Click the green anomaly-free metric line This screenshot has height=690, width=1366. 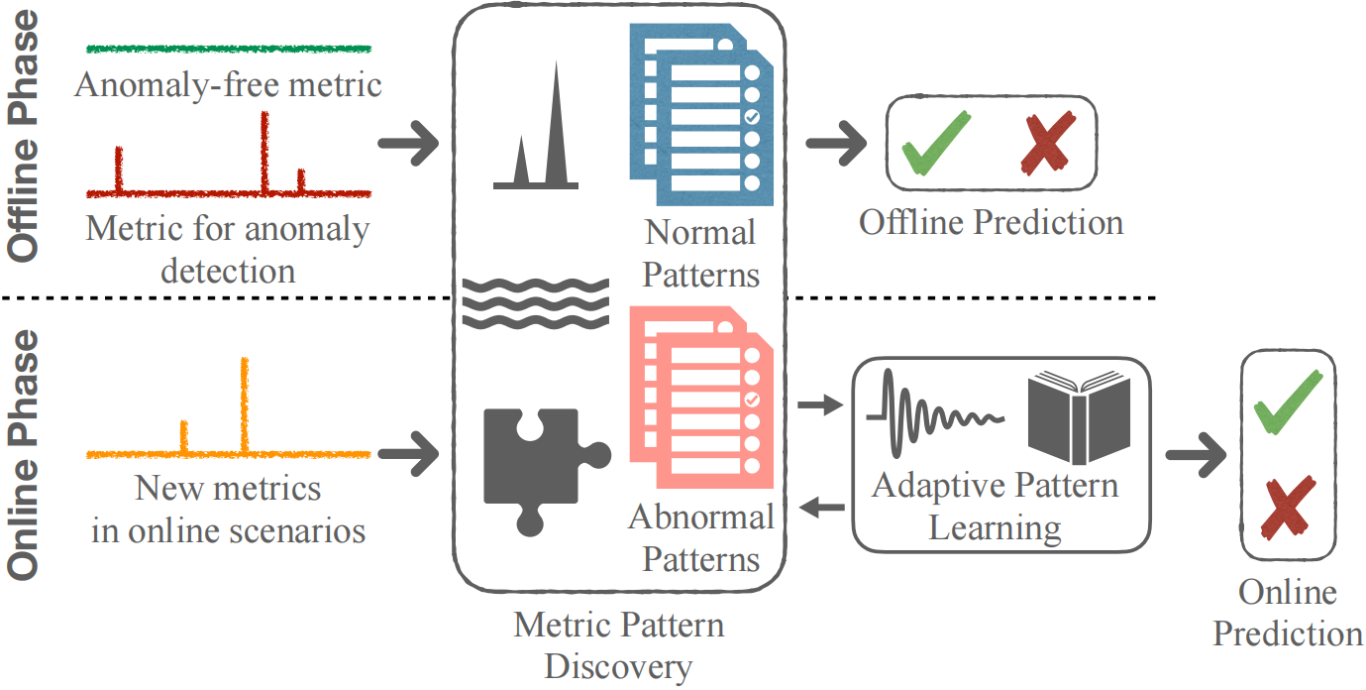pos(228,48)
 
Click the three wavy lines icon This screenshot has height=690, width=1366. pos(536,299)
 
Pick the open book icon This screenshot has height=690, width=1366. pos(1079,417)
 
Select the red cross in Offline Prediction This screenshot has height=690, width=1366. pos(1048,143)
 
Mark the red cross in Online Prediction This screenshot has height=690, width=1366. pos(1286,505)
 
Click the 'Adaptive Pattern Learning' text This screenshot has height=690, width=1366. pos(995,507)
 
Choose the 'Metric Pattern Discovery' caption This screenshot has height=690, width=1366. pos(619,645)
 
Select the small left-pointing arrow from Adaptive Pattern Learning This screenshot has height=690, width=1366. pos(821,509)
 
